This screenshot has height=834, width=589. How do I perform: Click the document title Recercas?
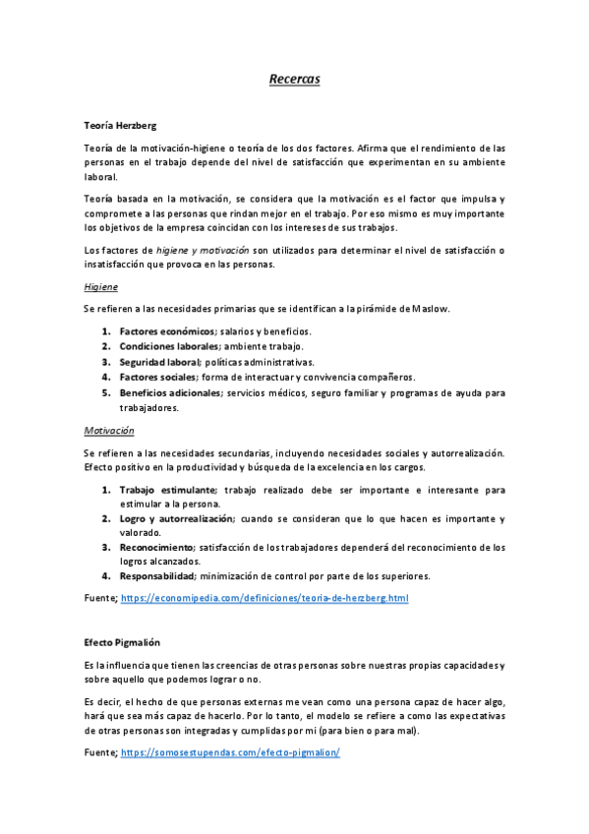click(x=294, y=78)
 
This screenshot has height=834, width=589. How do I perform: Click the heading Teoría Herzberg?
click(x=120, y=125)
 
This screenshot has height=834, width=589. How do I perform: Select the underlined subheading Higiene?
click(x=101, y=286)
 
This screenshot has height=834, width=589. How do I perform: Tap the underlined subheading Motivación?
click(x=109, y=430)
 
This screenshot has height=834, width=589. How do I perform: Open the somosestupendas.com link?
click(x=230, y=752)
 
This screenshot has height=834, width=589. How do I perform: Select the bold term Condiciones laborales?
click(x=169, y=346)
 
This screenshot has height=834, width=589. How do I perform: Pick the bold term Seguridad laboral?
click(x=159, y=362)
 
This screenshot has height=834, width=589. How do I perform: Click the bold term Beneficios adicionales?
click(x=170, y=392)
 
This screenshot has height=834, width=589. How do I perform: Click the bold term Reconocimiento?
click(x=155, y=547)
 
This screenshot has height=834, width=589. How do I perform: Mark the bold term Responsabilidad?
click(x=157, y=575)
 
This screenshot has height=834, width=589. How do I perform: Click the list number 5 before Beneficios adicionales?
click(x=105, y=392)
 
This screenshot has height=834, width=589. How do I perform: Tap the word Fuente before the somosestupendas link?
click(x=99, y=752)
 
